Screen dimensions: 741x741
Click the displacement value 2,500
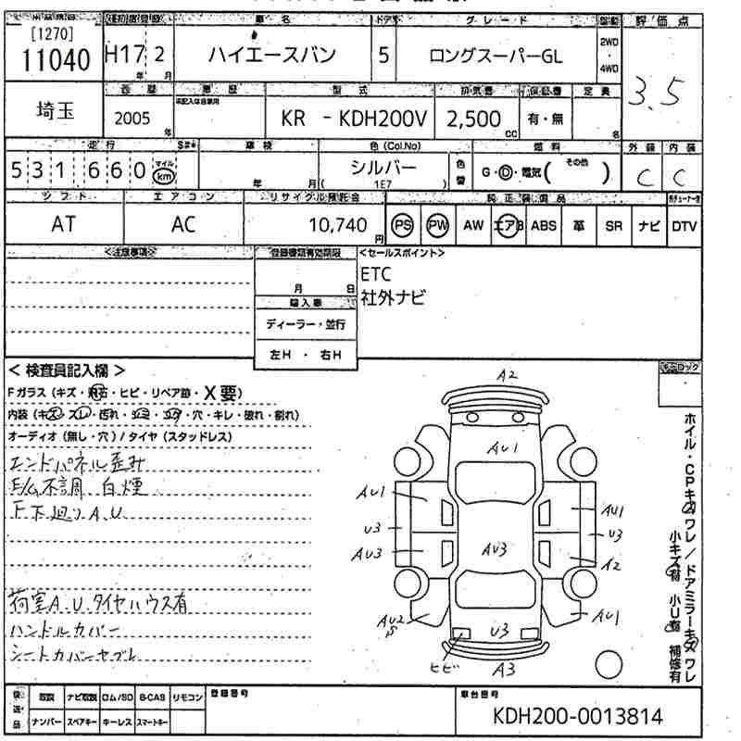474,119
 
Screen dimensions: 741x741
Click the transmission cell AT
64,225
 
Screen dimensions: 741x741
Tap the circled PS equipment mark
403,225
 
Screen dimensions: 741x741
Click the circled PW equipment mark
436,225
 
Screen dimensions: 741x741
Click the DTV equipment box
684,225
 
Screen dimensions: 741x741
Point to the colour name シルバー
383,167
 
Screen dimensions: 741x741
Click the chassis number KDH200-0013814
578,716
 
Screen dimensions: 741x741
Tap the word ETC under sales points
376,274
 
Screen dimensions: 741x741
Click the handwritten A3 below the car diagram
504,669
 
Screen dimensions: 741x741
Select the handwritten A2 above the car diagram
506,375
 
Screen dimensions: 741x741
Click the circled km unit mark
163,173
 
